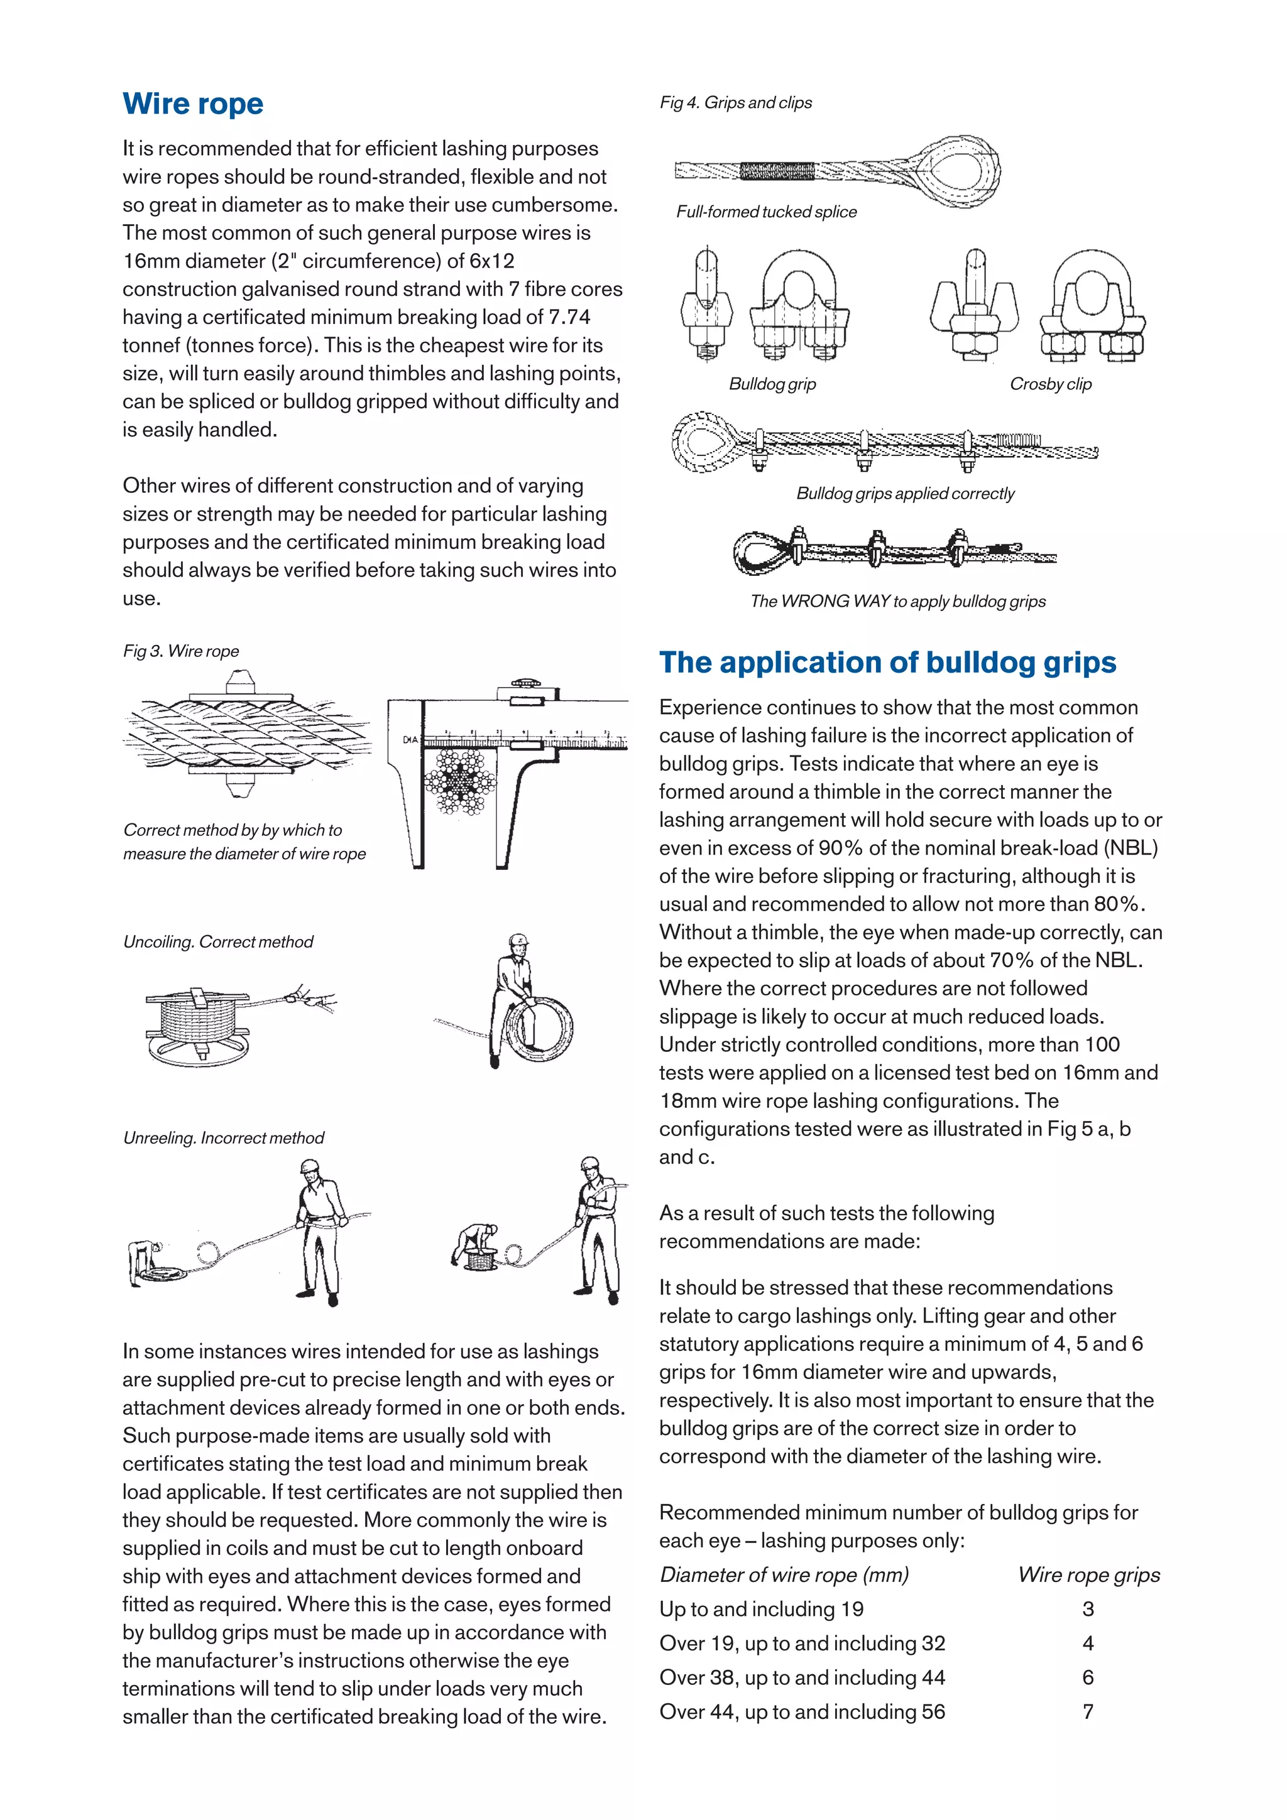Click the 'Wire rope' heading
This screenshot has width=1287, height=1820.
[x=193, y=104]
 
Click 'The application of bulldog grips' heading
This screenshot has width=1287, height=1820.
[x=887, y=662]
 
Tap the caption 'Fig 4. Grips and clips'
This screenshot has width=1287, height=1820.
[x=735, y=103]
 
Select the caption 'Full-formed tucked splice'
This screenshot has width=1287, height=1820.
[x=766, y=212]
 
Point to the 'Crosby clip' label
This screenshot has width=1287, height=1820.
[x=1050, y=384]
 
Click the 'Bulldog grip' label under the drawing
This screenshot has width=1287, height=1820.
[x=772, y=384]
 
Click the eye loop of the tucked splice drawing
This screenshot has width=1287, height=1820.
[x=958, y=170]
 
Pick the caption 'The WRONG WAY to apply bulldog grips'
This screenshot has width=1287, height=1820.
[x=897, y=601]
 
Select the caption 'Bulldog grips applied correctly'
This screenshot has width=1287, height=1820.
[x=905, y=493]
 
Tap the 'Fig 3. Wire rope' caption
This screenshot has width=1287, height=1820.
[x=181, y=651]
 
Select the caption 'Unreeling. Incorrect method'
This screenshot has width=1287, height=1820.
[x=224, y=1137]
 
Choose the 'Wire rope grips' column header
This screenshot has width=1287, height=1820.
[x=1089, y=1575]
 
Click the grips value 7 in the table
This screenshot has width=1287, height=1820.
[x=1088, y=1711]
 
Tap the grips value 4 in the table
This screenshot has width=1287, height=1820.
[x=1088, y=1644]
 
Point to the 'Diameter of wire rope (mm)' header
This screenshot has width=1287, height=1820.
[x=784, y=1575]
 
